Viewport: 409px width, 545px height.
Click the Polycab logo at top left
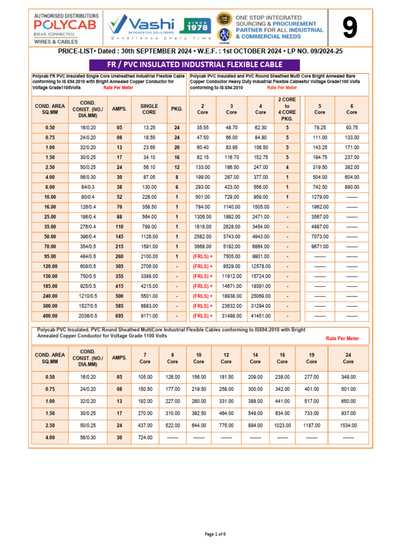point(56,28)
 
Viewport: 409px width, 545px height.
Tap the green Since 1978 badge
point(198,26)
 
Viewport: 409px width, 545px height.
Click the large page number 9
point(349,29)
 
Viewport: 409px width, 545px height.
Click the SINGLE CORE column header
point(149,109)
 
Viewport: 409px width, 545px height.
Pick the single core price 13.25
point(149,128)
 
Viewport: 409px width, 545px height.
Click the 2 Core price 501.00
point(202,197)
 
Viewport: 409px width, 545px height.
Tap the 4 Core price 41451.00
point(260,316)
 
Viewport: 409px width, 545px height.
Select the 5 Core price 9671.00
point(320,246)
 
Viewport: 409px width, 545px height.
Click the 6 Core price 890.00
point(352,187)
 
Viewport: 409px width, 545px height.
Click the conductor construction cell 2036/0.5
point(88,316)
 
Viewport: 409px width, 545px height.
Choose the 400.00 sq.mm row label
point(50,316)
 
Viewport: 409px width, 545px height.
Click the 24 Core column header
point(348,358)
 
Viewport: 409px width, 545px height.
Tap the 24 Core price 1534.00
point(348,425)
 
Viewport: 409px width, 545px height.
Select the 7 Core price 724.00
point(145,437)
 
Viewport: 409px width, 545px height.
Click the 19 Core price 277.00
point(312,376)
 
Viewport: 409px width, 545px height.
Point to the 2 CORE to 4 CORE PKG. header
point(287,109)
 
